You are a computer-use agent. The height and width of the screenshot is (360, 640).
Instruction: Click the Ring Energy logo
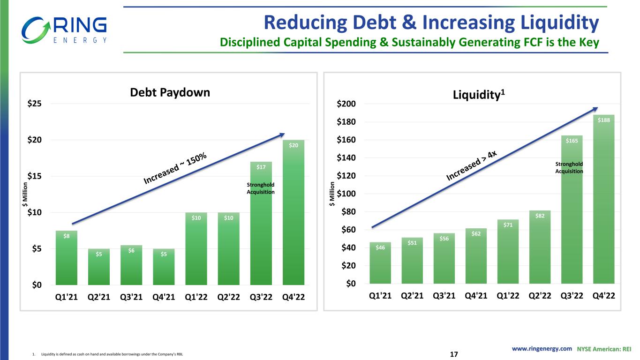click(64, 30)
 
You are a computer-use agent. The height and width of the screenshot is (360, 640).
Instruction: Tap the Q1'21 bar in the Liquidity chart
click(380, 263)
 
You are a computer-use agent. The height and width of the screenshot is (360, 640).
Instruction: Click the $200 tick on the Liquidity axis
click(348, 104)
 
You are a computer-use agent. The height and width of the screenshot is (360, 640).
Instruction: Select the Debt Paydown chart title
click(170, 93)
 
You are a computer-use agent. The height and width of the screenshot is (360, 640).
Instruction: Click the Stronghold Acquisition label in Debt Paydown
click(261, 188)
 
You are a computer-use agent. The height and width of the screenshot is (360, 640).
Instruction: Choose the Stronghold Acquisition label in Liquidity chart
click(569, 167)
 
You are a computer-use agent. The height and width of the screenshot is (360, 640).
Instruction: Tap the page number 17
click(453, 353)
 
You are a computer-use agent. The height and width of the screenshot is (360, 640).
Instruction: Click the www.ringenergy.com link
click(542, 349)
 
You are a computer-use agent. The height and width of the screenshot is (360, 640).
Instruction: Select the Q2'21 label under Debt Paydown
click(99, 298)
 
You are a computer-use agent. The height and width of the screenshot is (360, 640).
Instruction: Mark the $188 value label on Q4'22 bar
click(604, 120)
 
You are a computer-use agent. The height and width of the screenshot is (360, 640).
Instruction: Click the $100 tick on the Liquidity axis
click(348, 194)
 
